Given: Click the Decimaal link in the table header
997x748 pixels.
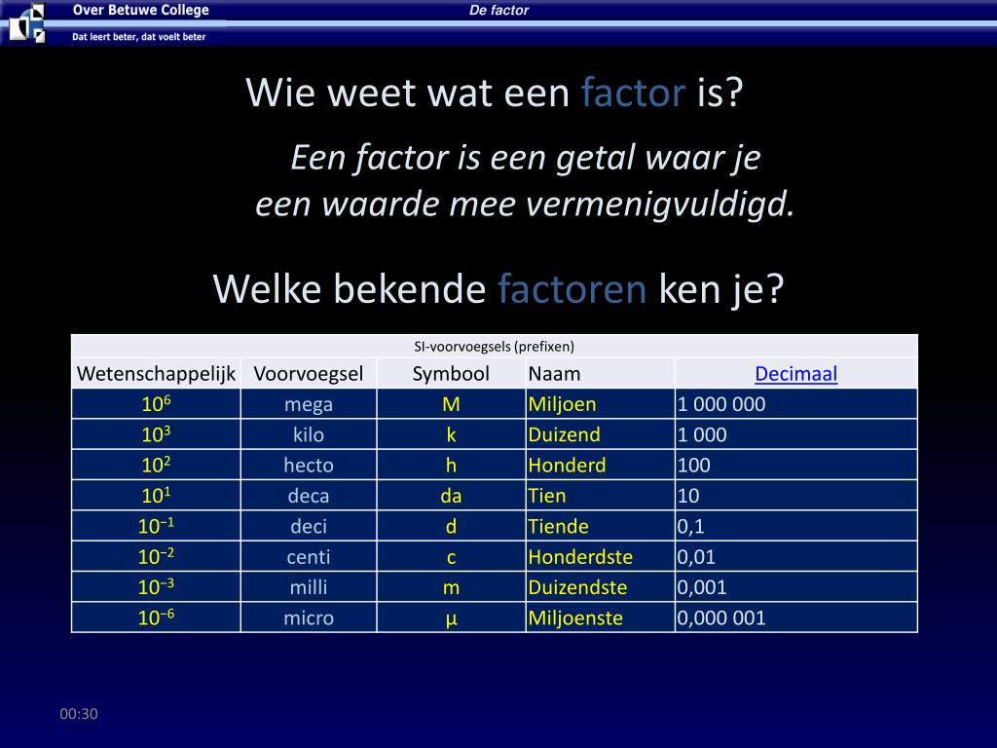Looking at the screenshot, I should [x=795, y=374].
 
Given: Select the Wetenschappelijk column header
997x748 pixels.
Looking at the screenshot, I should [x=157, y=374].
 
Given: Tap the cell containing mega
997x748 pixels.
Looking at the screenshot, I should [x=309, y=404].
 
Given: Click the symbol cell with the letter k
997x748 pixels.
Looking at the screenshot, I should [x=451, y=434].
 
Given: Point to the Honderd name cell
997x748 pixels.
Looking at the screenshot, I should [x=567, y=465].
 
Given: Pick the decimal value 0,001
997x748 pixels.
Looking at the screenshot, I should [x=702, y=587].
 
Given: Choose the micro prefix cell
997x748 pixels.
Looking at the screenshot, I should [x=309, y=617].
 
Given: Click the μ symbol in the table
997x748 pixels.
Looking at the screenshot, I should [x=451, y=617].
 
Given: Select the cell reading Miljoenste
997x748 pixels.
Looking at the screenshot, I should [x=575, y=617].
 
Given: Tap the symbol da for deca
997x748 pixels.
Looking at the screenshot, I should [x=451, y=496].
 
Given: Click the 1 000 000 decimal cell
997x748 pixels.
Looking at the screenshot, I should [x=721, y=404].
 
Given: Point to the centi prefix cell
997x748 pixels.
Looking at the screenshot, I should [x=309, y=557].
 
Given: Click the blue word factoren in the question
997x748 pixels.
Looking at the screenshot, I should [x=572, y=289].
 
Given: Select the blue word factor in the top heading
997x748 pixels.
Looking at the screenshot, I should [x=634, y=93].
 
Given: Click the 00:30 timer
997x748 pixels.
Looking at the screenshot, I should [x=79, y=714].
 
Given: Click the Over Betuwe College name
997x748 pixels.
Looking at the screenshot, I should [x=140, y=11].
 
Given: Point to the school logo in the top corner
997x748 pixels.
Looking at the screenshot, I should [x=26, y=22].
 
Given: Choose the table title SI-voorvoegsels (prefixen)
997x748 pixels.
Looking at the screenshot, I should [x=495, y=346].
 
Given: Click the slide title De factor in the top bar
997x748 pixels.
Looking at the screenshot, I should [x=498, y=11].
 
